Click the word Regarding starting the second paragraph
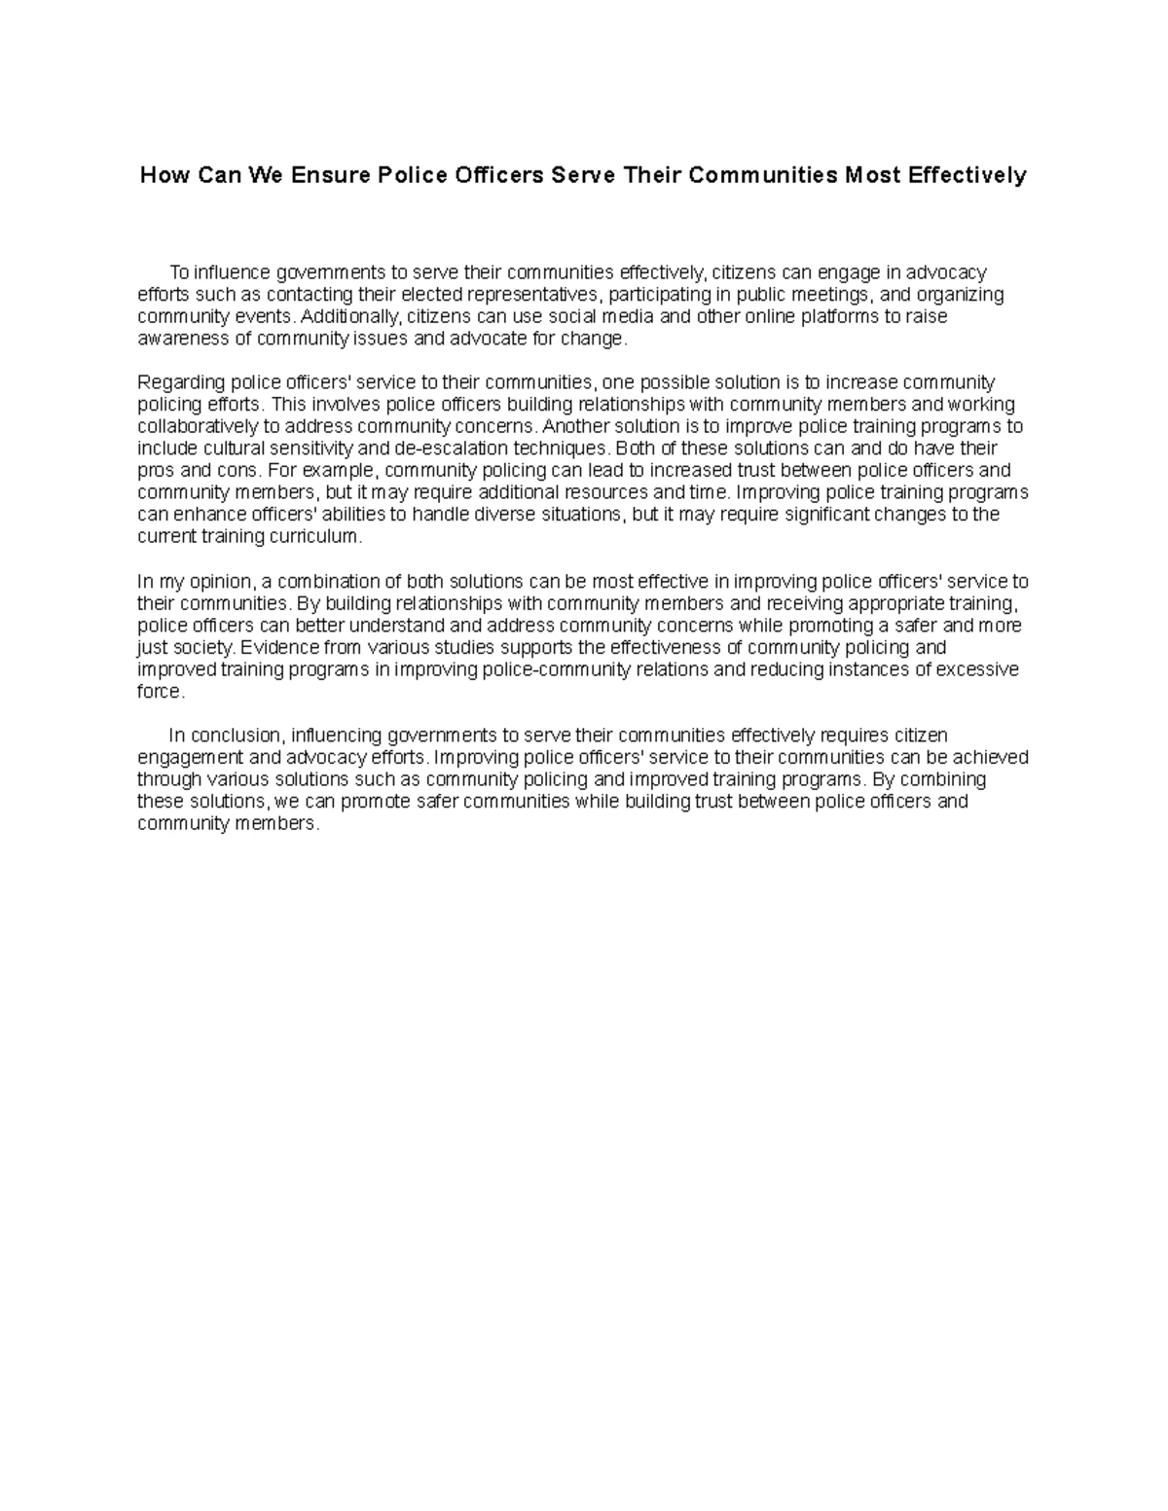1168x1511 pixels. click(175, 382)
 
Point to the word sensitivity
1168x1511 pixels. click(320, 449)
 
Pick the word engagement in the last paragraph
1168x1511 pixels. click(190, 758)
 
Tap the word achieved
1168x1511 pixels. click(992, 758)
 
